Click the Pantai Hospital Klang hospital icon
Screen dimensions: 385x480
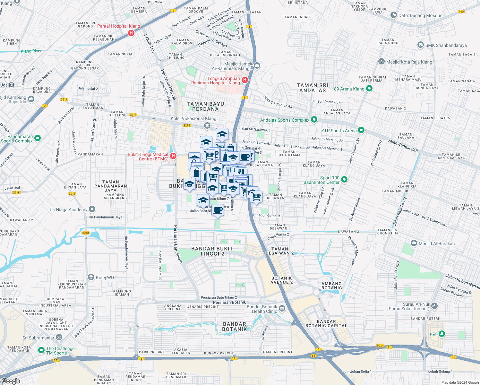[x=131, y=33]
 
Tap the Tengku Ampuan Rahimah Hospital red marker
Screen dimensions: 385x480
[x=245, y=80]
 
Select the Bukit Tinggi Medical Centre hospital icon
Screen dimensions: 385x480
[x=173, y=156]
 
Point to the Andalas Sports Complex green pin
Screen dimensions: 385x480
[x=314, y=120]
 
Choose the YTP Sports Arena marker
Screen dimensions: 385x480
[x=361, y=130]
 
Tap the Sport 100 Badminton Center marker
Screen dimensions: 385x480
[x=344, y=180]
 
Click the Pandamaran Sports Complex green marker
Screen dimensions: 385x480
[x=38, y=138]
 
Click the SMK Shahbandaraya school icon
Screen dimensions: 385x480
[x=420, y=45]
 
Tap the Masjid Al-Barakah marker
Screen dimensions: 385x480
[x=414, y=243]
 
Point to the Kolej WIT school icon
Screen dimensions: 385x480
[x=91, y=277]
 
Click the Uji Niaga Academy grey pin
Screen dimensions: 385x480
[x=92, y=209]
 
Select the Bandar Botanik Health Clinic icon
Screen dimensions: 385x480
[x=282, y=309]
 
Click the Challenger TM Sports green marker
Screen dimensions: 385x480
[x=41, y=350]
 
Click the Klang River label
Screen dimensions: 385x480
[x=31, y=51]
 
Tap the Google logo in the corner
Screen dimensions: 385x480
[x=11, y=381]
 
